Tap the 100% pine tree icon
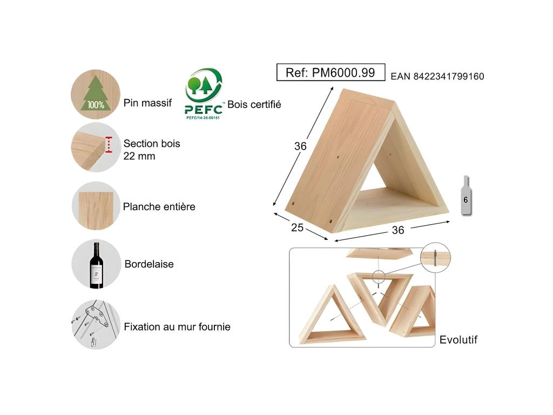pyautogui.click(x=96, y=94)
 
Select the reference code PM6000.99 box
pyautogui.click(x=331, y=72)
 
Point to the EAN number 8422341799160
pyautogui.click(x=437, y=76)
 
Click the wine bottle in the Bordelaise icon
pyautogui.click(x=96, y=265)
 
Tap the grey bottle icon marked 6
pyautogui.click(x=466, y=195)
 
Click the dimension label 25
pyautogui.click(x=297, y=227)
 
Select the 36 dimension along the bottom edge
pyautogui.click(x=398, y=230)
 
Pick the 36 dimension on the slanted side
pyautogui.click(x=300, y=146)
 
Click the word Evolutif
pyautogui.click(x=458, y=340)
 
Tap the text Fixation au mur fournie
pyautogui.click(x=177, y=327)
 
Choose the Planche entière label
pyautogui.click(x=159, y=206)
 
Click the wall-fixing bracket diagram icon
pyautogui.click(x=96, y=325)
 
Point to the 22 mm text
pyautogui.click(x=139, y=156)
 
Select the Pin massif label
pyautogui.click(x=147, y=103)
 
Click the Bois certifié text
pyautogui.click(x=254, y=104)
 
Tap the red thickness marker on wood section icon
pyautogui.click(x=109, y=145)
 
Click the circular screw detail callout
pyautogui.click(x=436, y=257)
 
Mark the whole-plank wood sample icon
pyautogui.click(x=96, y=206)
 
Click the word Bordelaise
pyautogui.click(x=149, y=264)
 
